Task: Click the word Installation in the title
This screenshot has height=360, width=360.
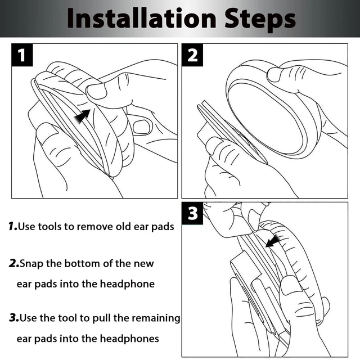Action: click(x=142, y=18)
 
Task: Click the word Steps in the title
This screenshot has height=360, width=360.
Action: click(x=260, y=20)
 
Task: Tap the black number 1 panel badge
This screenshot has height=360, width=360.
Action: click(x=22, y=55)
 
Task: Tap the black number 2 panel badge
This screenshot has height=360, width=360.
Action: click(x=192, y=55)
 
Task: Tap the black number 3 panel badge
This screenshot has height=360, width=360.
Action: click(x=192, y=213)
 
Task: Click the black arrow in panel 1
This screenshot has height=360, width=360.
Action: click(x=82, y=116)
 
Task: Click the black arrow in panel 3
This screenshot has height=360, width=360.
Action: click(x=273, y=241)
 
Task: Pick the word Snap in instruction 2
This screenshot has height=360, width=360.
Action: click(x=31, y=264)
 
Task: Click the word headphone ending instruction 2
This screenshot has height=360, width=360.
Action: click(x=127, y=284)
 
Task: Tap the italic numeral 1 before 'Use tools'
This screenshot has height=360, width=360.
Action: click(x=12, y=226)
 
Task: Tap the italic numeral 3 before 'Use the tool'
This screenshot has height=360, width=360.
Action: click(x=13, y=318)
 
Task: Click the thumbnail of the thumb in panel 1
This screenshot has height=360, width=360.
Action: click(x=97, y=91)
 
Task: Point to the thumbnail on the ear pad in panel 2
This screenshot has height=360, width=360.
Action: click(x=274, y=75)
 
